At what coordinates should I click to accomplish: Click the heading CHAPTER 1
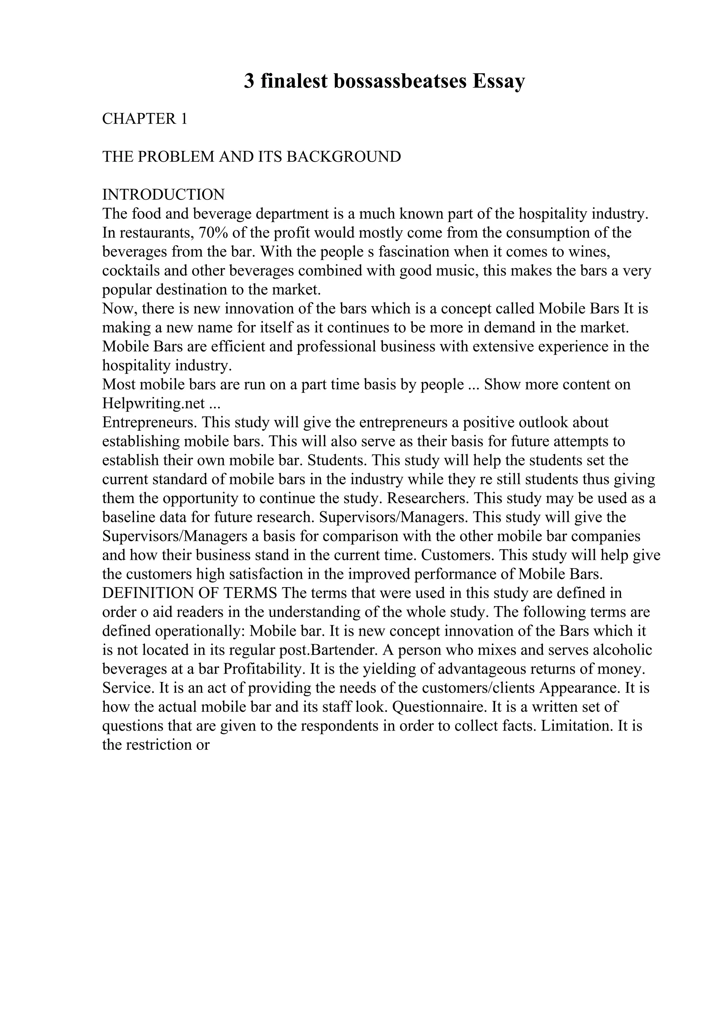145,119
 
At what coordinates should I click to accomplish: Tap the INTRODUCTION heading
163,195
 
